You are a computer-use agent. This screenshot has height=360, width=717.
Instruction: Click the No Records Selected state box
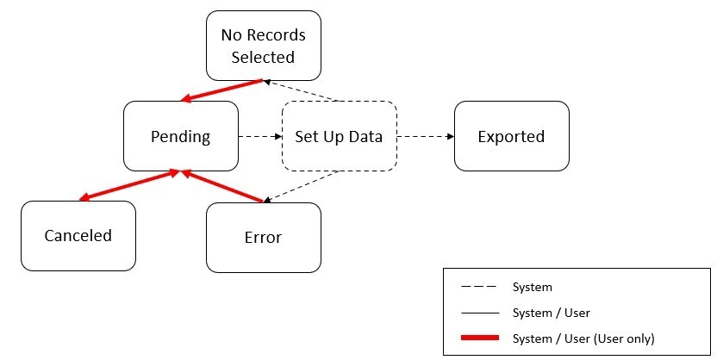[x=263, y=46]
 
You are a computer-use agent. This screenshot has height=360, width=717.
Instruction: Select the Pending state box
[x=180, y=136]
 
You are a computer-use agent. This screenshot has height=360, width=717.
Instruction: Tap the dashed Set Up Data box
[x=339, y=136]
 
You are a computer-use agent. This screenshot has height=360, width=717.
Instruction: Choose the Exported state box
[x=511, y=136]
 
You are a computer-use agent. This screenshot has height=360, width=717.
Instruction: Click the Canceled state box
[x=78, y=236]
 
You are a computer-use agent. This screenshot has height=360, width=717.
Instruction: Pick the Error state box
[x=263, y=238]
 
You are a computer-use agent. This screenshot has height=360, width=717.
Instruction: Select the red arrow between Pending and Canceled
[x=129, y=186]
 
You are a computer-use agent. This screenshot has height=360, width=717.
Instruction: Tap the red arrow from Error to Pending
[x=221, y=187]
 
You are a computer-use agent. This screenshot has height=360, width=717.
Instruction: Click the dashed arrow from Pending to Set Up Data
[x=259, y=136]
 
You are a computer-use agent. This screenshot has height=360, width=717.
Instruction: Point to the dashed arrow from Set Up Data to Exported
[x=425, y=136]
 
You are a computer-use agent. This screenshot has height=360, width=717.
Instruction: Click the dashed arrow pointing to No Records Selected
[x=305, y=91]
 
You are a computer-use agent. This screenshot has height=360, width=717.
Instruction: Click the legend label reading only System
[x=532, y=287]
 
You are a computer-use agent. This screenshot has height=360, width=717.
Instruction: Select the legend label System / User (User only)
[x=583, y=338]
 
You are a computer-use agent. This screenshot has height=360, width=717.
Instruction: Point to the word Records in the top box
[x=275, y=35]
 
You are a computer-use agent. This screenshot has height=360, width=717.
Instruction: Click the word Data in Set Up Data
[x=365, y=136]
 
